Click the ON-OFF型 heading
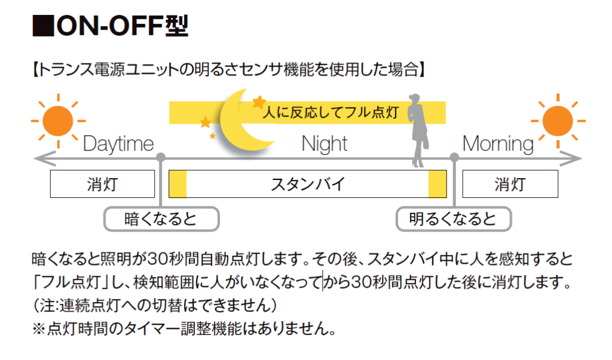click(x=111, y=26)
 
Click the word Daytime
click(x=118, y=144)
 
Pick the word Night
click(x=325, y=144)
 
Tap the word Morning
click(x=498, y=144)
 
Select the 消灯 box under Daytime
click(x=102, y=184)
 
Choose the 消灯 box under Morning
click(x=510, y=184)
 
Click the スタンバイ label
click(x=308, y=184)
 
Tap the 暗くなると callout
click(x=161, y=219)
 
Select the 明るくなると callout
click(x=454, y=219)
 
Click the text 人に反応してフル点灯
click(x=331, y=112)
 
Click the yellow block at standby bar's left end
click(x=178, y=184)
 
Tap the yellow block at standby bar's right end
click(x=437, y=184)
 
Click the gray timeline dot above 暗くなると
click(x=161, y=158)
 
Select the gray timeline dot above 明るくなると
click(x=454, y=158)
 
